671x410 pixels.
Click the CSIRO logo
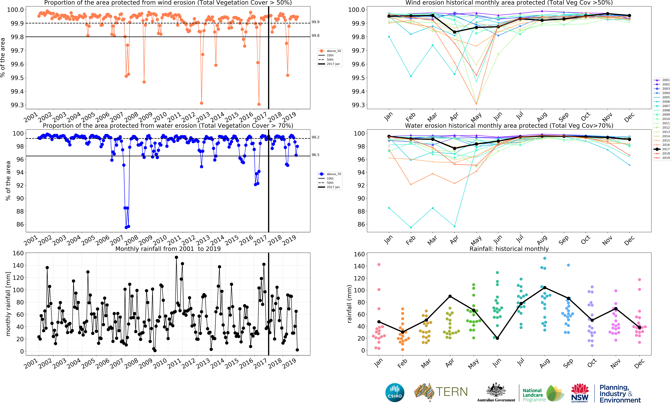(395, 393)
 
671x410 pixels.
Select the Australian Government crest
(496, 390)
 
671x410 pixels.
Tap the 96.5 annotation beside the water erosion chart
(315, 155)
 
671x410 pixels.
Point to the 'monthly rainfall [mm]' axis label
(8, 304)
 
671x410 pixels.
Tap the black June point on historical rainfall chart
(497, 338)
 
